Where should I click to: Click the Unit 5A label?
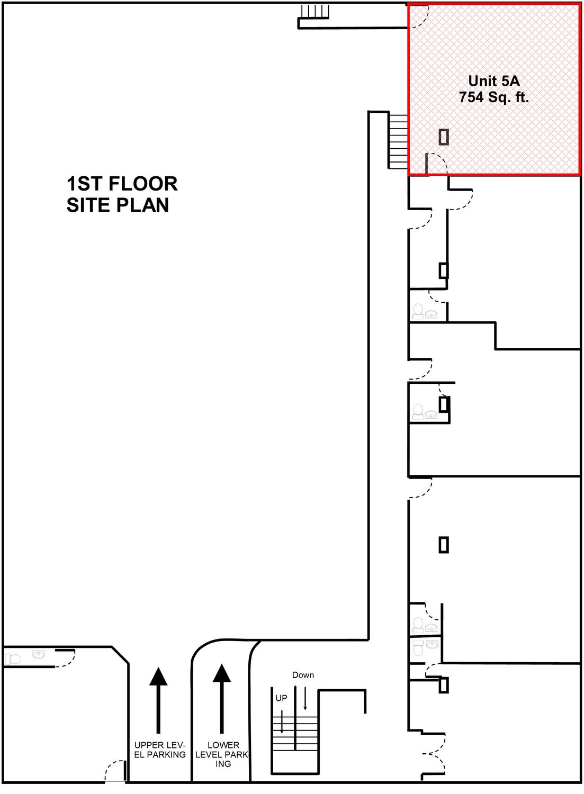tap(493, 81)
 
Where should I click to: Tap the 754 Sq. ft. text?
tap(493, 97)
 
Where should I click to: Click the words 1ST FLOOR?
tap(122, 184)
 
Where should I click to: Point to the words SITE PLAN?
tap(118, 205)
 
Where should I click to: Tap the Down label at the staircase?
tap(303, 675)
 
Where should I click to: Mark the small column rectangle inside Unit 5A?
tap(444, 137)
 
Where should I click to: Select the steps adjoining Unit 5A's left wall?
tap(398, 141)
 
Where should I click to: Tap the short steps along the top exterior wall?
tap(315, 12)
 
